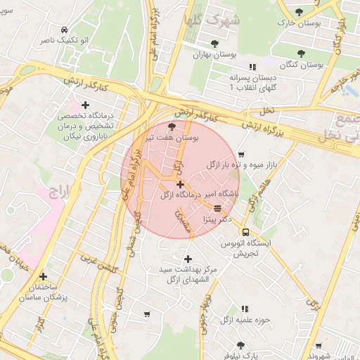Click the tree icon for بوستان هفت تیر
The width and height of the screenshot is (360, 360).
173,126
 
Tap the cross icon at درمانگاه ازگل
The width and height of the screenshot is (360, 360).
181,184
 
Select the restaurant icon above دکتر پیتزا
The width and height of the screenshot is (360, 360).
217,208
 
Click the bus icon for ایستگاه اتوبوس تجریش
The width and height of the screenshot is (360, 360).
245,232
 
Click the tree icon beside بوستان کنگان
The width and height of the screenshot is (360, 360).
301,53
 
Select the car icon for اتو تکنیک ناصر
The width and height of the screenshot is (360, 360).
65,30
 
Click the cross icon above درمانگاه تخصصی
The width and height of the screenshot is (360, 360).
86,105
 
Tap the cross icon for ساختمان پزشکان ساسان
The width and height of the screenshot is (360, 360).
44,276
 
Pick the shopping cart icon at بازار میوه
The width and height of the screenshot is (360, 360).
241,155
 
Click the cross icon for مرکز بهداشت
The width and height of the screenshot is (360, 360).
188,259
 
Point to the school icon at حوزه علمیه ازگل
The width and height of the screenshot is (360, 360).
245,309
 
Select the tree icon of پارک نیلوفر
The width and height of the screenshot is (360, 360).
240,345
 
